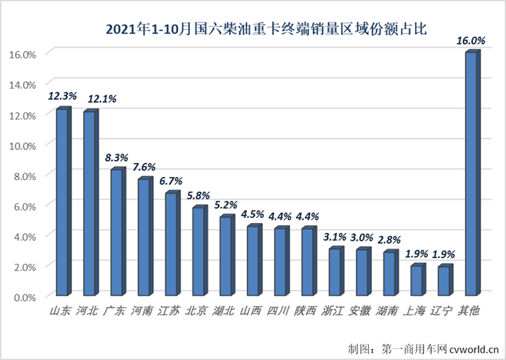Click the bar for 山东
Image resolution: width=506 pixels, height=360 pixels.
coord(62,203)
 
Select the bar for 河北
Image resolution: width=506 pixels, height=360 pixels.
coord(90,204)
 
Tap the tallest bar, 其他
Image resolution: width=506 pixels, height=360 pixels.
coord(471,175)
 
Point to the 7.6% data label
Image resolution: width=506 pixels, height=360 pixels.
coord(144,167)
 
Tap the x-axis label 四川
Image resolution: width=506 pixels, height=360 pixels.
coord(279,311)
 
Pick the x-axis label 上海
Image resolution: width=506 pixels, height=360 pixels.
coord(416,311)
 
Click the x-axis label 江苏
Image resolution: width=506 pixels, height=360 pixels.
coord(169,311)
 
